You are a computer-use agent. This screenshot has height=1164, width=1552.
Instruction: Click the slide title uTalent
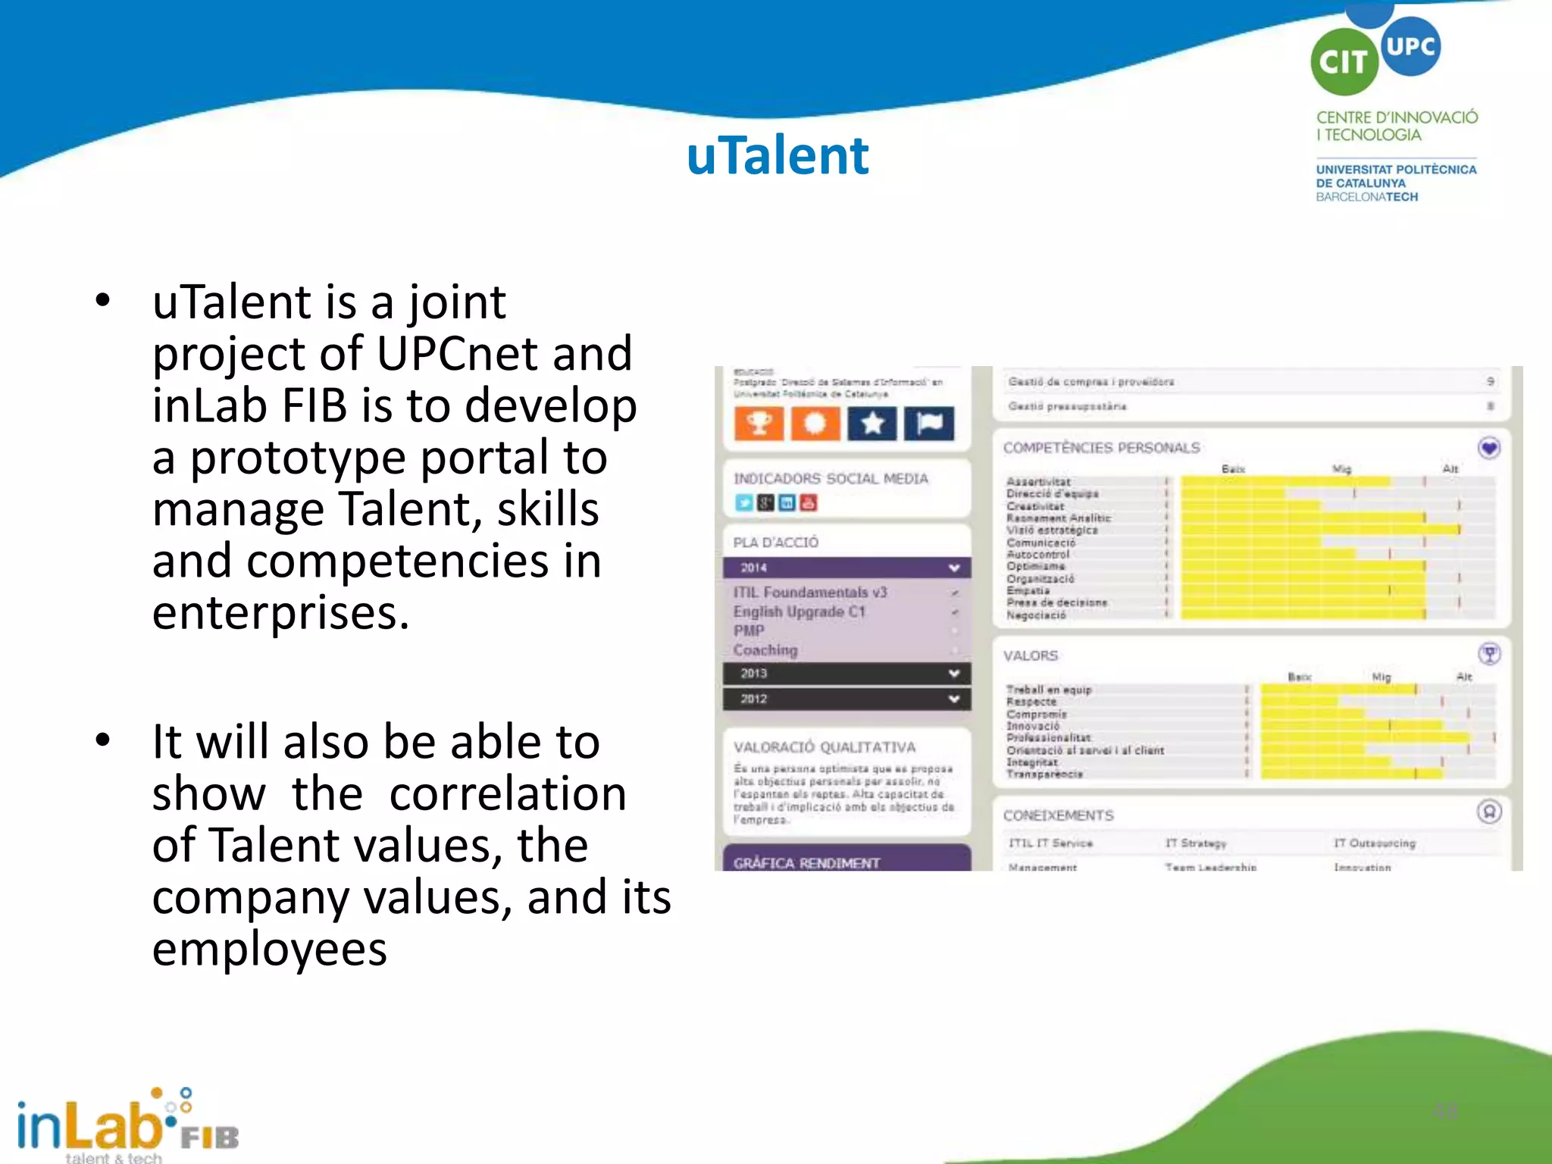click(777, 155)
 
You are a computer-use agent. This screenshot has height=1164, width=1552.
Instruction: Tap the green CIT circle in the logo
click(1344, 62)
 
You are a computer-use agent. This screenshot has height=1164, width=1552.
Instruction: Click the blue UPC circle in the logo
click(1410, 45)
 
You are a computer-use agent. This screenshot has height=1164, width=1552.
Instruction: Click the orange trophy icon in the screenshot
click(759, 423)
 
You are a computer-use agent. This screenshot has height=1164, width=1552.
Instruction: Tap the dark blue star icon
click(872, 423)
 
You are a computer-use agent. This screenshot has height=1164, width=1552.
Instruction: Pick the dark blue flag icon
click(929, 423)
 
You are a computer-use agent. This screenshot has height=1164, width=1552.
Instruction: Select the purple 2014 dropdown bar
click(846, 568)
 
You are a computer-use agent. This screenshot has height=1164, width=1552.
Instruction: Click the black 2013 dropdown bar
click(846, 673)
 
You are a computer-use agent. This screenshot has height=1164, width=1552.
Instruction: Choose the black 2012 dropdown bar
click(846, 699)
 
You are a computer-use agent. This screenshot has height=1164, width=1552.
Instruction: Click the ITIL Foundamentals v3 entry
click(809, 593)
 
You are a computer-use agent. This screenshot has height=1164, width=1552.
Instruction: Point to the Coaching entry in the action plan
click(765, 650)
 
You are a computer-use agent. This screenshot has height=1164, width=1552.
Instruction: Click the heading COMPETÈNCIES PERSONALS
click(1101, 448)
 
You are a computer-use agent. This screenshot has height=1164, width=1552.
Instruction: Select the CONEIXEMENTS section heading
click(1058, 815)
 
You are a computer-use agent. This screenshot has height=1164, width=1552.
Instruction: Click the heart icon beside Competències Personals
click(1489, 448)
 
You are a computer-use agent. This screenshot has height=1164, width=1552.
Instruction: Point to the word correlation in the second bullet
click(508, 793)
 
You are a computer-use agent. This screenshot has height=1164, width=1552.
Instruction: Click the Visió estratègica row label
click(1051, 530)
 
